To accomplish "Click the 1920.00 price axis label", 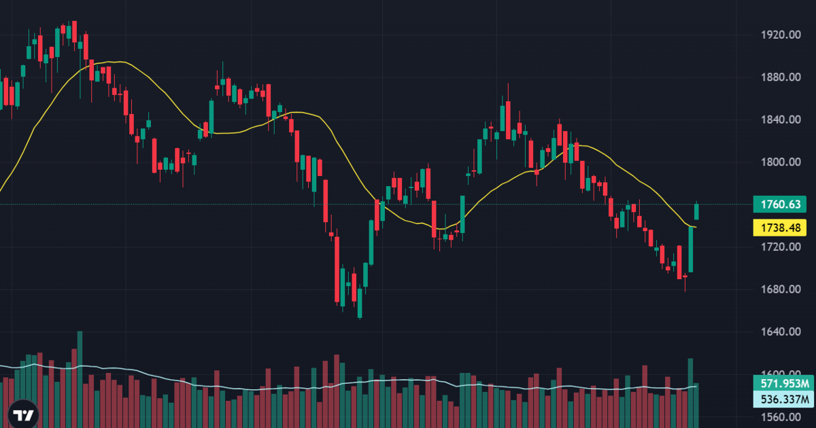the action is pos(781,35).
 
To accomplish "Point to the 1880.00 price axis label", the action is pos(781,77).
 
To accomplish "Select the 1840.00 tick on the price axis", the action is pos(781,120).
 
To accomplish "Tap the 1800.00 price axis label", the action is pos(781,162).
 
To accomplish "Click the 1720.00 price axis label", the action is pos(781,247).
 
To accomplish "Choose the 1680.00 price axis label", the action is pos(781,289).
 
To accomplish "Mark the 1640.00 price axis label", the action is pos(781,332).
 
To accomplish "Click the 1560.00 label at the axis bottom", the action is pos(781,417).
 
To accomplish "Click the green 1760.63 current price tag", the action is pos(780,204).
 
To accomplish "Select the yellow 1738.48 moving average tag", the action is pos(780,228).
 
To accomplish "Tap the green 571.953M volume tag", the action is pos(783,384).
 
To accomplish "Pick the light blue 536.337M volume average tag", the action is pos(783,399).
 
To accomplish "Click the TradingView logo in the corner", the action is pos(23,414).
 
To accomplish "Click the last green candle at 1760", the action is pos(696,211).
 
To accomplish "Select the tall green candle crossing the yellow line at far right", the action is pos(691,249).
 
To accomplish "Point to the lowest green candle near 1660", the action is pos(360,303).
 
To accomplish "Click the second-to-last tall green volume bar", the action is pos(690,393).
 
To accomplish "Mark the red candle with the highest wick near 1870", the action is pos(508,120).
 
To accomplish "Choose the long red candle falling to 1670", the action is pos(337,269).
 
